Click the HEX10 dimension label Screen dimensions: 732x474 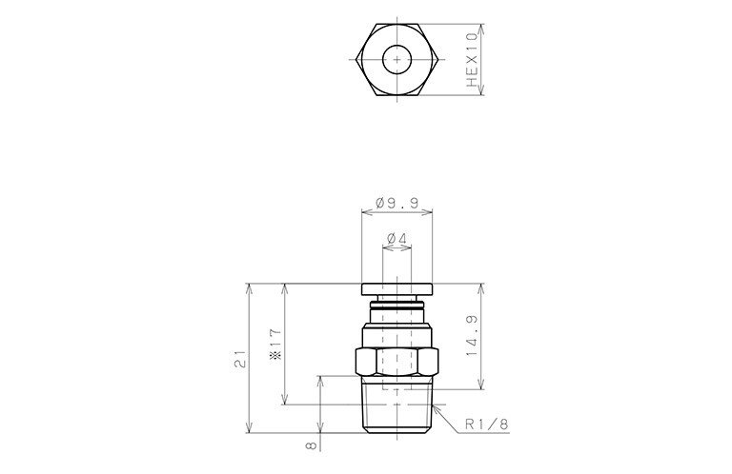tap(473, 60)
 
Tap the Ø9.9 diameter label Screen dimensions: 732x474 tap(396, 203)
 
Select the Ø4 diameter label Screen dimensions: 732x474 tap(396, 239)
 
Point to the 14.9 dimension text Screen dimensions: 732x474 tap(472, 336)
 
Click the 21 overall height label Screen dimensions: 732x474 tap(240, 359)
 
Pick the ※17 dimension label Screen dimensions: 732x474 tap(275, 345)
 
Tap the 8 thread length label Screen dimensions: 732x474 tap(311, 446)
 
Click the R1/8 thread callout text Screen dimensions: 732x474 tap(487, 425)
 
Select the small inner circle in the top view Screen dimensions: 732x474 tap(396, 60)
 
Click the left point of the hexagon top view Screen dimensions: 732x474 tap(356, 60)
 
